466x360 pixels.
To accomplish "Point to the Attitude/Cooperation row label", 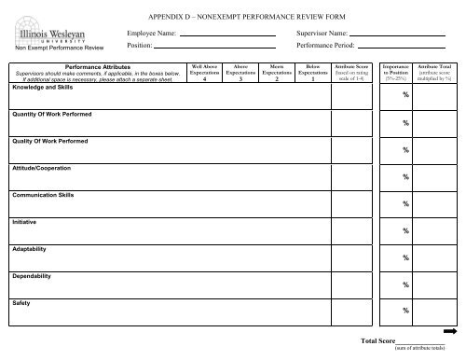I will (44, 169).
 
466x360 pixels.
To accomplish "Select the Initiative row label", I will (25, 223).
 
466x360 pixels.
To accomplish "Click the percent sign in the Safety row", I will (405, 311).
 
